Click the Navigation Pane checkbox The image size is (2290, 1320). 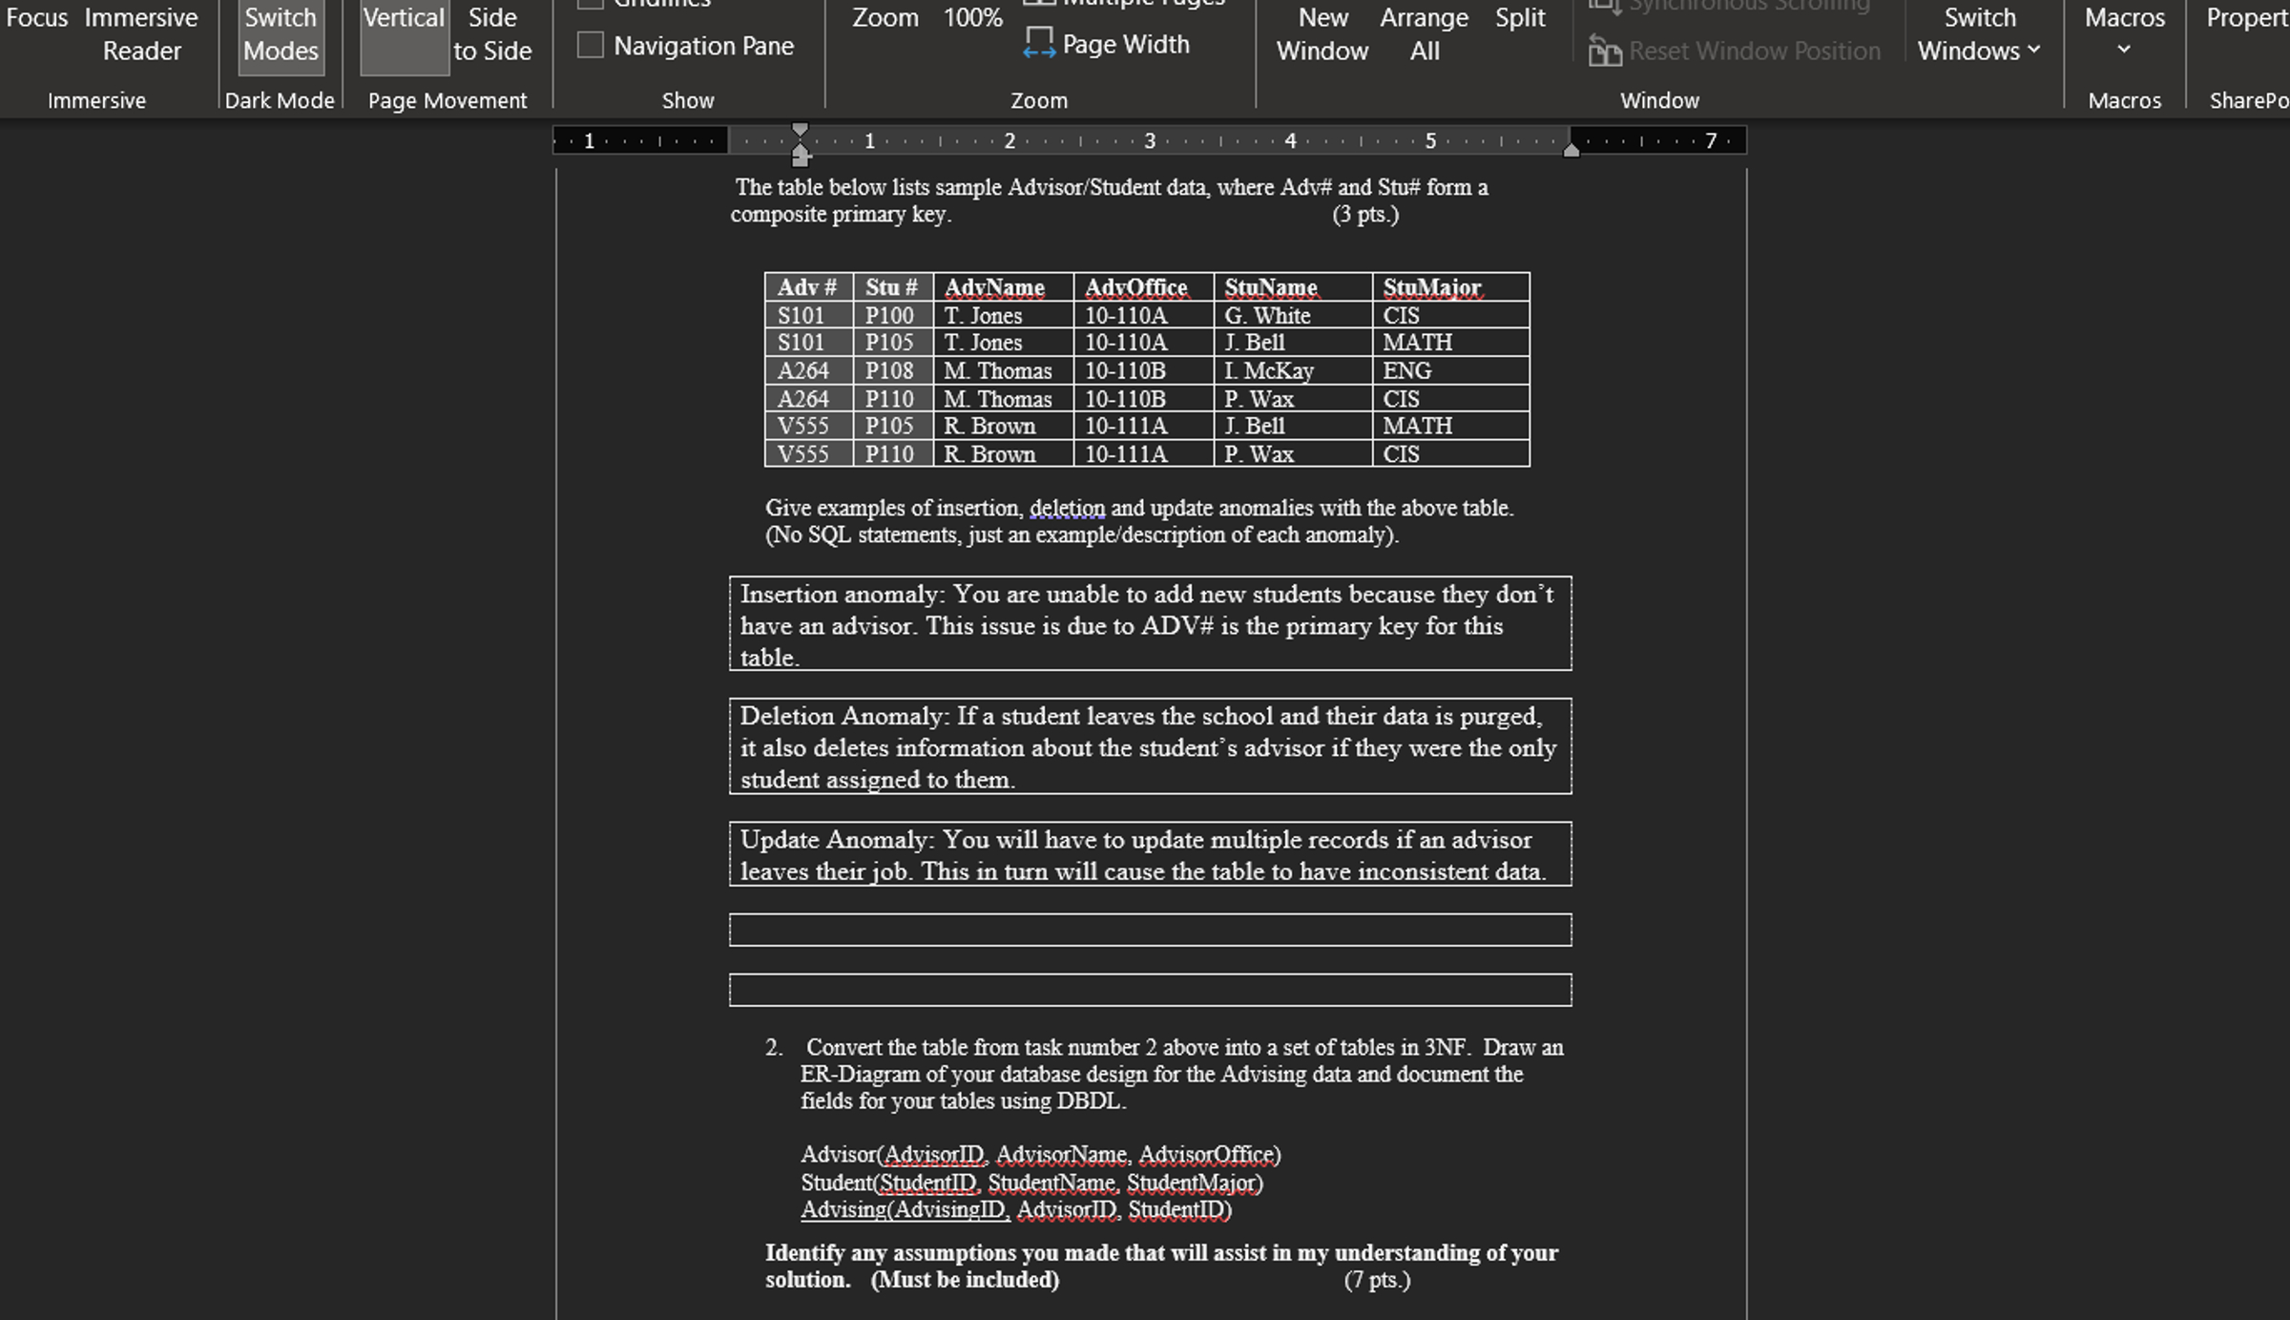[x=591, y=45]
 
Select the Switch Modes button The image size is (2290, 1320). [x=281, y=34]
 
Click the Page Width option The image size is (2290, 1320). [x=1108, y=44]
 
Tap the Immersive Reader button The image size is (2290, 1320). [x=141, y=34]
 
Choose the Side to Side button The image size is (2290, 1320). [x=492, y=34]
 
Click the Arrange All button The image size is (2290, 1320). [x=1424, y=34]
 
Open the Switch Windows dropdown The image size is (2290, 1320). [x=1980, y=34]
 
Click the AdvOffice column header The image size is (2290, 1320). [x=1135, y=287]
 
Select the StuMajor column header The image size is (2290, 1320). [x=1431, y=287]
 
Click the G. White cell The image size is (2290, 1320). [x=1267, y=316]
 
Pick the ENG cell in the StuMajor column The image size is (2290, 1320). [x=1407, y=370]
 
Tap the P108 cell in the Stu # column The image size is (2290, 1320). [x=889, y=370]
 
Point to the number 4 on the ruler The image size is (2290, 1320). [x=1290, y=141]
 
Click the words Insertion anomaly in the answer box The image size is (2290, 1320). [x=842, y=595]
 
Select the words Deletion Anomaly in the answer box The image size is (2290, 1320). [x=843, y=717]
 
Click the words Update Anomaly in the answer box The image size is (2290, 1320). [x=837, y=840]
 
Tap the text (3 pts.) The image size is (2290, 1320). [x=1365, y=214]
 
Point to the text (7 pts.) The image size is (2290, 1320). [x=1377, y=1280]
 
